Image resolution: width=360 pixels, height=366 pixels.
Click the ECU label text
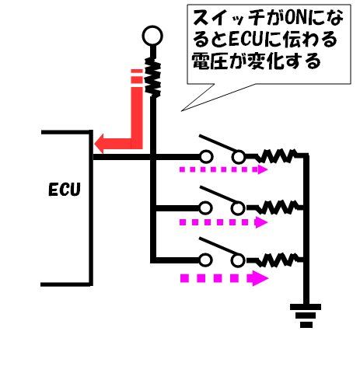65,190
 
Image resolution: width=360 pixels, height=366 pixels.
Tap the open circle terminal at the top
152,36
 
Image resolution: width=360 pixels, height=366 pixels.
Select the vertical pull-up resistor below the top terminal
152,77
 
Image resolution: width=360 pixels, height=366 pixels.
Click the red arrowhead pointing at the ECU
99,144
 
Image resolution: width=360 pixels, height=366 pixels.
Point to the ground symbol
306,315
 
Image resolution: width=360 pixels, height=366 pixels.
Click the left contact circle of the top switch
206,157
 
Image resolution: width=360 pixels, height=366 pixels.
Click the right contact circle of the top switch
238,157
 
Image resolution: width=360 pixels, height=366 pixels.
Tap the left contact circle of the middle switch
206,208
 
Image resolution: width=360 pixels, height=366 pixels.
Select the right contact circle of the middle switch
238,208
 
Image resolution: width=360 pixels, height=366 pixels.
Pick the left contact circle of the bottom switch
206,260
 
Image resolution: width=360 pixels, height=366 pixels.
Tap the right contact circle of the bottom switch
238,260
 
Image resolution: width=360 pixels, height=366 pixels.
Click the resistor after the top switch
277,155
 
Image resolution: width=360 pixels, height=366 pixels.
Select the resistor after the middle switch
277,207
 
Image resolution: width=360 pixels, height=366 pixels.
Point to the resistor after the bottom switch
277,260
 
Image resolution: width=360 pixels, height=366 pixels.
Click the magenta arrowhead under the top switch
262,169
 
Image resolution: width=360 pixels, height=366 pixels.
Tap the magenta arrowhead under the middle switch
261,222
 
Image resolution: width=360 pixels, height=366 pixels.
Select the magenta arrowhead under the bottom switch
257,278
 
